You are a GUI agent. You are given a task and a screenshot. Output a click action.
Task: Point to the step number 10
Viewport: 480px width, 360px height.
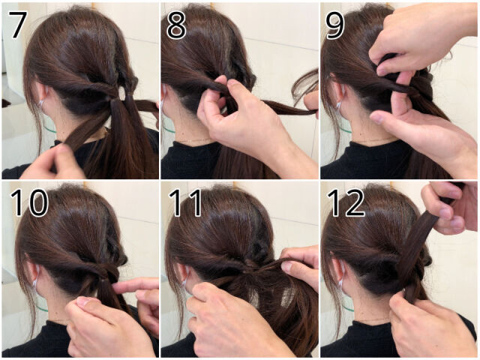(29, 202)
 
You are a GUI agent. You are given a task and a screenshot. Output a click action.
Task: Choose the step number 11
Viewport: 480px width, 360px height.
(186, 202)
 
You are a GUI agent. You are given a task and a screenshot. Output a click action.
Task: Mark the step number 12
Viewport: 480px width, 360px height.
(346, 202)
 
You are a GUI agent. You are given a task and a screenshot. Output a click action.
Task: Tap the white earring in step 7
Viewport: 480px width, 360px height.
(40, 103)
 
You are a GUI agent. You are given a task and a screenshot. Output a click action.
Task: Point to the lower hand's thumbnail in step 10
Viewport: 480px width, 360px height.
(83, 301)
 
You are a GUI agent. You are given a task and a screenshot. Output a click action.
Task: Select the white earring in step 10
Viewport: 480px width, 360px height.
(34, 282)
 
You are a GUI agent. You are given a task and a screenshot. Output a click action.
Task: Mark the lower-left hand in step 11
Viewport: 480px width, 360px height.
(232, 322)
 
